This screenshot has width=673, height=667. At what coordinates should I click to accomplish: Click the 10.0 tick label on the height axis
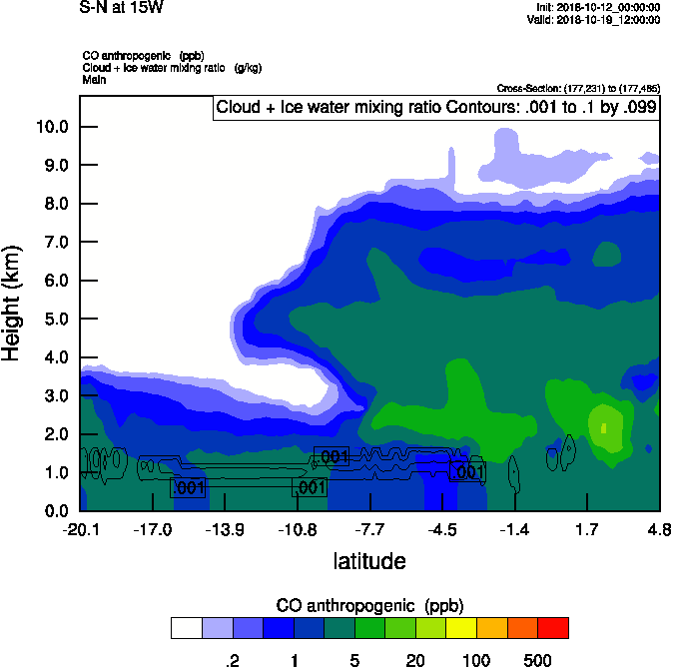[x=51, y=127]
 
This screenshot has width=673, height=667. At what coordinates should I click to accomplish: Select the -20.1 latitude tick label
[x=80, y=528]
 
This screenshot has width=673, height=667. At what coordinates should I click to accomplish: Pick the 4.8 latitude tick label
[x=659, y=528]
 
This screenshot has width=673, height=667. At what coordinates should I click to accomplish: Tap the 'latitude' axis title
[x=369, y=561]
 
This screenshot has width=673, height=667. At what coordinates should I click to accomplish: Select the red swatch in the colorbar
[x=552, y=628]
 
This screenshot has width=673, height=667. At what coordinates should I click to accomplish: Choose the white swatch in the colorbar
[x=186, y=628]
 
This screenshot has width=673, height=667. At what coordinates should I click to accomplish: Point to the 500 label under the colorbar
[x=537, y=660]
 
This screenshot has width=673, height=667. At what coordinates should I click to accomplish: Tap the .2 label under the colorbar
[x=232, y=660]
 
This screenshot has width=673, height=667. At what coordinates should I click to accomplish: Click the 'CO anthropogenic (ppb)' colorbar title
[x=369, y=605]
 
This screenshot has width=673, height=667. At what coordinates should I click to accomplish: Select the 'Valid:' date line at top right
[x=593, y=19]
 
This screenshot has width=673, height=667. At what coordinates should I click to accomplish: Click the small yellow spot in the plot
[x=604, y=428]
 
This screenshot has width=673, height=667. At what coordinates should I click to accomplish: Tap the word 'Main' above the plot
[x=94, y=79]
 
